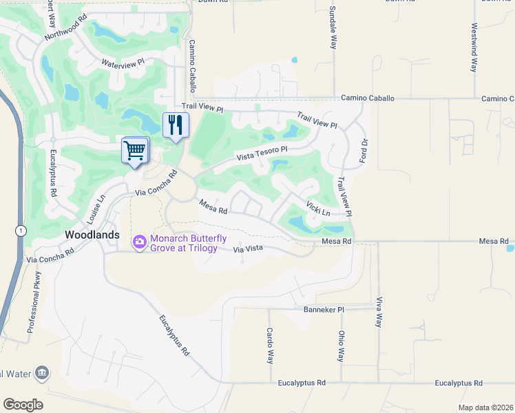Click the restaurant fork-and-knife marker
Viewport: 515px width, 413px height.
click(x=176, y=125)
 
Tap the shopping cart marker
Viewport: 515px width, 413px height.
click(x=135, y=150)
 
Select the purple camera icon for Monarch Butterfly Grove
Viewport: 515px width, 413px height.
click(x=140, y=241)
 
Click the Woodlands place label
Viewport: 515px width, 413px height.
click(x=92, y=235)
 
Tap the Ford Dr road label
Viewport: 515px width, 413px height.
click(x=364, y=151)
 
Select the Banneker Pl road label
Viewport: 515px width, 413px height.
click(x=324, y=310)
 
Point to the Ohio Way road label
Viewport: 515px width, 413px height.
click(x=341, y=346)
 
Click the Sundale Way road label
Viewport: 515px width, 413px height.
click(x=333, y=28)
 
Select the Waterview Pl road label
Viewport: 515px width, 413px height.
click(x=123, y=63)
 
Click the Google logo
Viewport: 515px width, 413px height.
click(x=23, y=405)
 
